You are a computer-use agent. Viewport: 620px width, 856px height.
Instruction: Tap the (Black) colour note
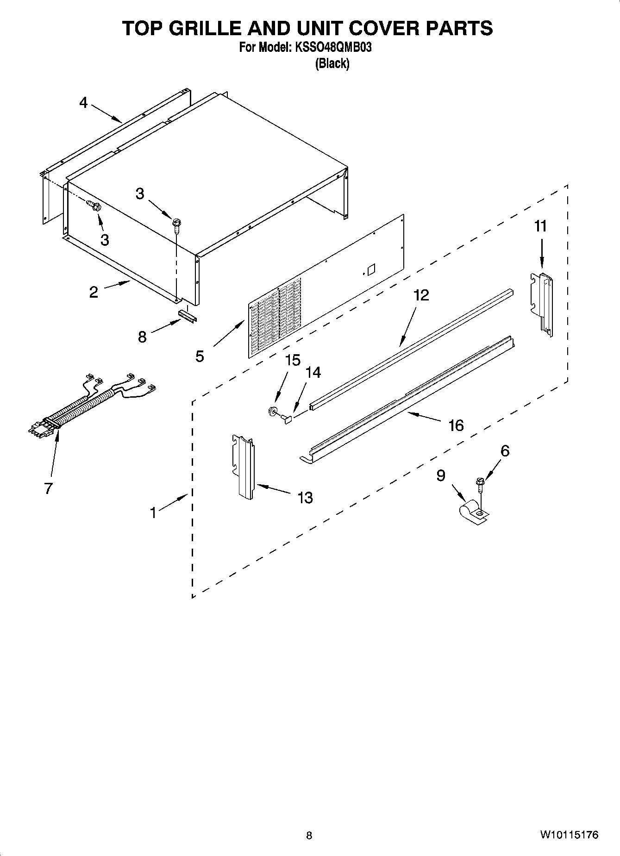pos(332,63)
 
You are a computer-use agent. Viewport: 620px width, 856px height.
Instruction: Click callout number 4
pos(83,103)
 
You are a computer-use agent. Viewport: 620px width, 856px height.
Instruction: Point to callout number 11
pos(540,226)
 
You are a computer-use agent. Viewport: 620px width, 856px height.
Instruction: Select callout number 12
pos(421,295)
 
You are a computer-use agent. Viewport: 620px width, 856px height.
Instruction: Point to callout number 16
pos(456,425)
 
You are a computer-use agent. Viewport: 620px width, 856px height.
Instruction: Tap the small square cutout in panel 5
pos(370,269)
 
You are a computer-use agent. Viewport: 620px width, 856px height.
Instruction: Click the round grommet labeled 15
pos(272,410)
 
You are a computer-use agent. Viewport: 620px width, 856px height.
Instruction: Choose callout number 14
pos(313,373)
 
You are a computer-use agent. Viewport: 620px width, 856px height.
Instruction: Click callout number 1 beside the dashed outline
pos(153,512)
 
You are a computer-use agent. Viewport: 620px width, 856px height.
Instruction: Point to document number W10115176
pos(569,835)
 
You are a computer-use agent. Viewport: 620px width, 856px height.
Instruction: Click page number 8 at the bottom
pos(309,836)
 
